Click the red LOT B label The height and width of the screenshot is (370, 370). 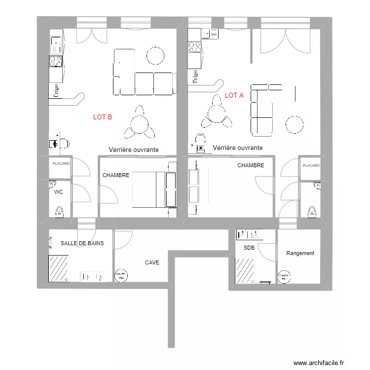click(x=103, y=117)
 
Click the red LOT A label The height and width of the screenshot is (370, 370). click(x=234, y=96)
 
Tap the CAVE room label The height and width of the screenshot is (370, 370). click(x=152, y=263)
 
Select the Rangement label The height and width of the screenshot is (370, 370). click(x=300, y=253)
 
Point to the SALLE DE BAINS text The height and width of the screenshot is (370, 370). click(x=82, y=243)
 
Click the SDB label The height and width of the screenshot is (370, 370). click(x=249, y=248)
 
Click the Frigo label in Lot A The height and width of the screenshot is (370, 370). click(x=195, y=76)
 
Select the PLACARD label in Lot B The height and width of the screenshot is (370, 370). click(x=61, y=163)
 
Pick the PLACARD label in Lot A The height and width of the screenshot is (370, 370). click(x=311, y=166)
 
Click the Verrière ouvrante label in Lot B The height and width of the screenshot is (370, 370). click(x=133, y=150)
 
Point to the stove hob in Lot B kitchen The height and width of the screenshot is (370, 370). click(x=55, y=61)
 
